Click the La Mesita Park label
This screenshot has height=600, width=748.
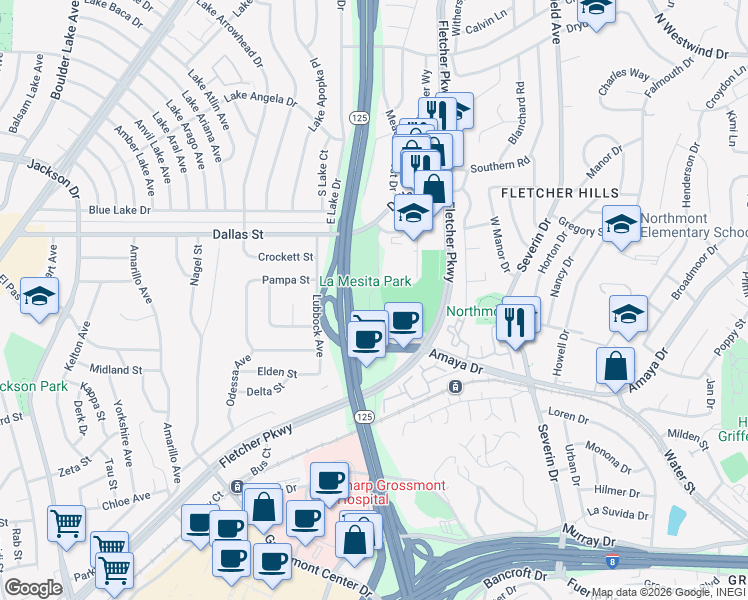click(366, 283)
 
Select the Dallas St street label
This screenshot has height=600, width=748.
click(237, 234)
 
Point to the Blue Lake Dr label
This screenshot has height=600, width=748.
click(119, 211)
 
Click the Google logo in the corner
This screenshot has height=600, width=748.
click(33, 588)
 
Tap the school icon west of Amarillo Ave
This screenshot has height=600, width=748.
click(39, 297)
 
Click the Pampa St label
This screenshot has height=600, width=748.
click(285, 281)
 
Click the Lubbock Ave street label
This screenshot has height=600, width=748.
click(318, 331)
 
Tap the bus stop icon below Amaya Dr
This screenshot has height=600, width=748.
click(455, 386)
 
